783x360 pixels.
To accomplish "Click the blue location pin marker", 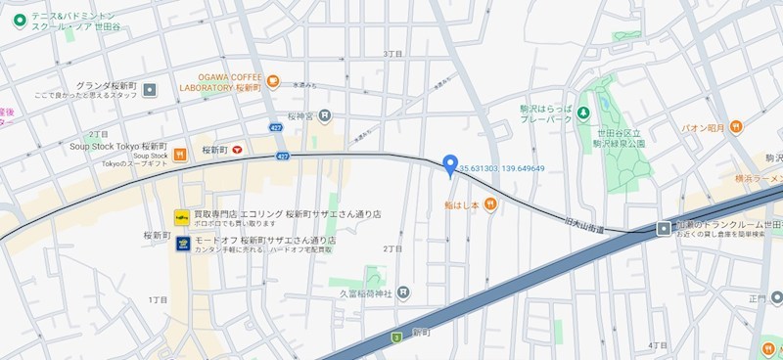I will pyautogui.click(x=450, y=165).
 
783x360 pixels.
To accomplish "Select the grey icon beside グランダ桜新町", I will pyautogui.click(x=150, y=90).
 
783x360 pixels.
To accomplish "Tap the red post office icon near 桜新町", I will pyautogui.click(x=237, y=151).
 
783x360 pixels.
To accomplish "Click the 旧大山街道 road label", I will pyautogui.click(x=585, y=227).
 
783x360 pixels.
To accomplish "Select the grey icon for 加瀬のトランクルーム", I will pyautogui.click(x=664, y=229).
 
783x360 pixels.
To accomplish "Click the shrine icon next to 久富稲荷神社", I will pyautogui.click(x=404, y=292).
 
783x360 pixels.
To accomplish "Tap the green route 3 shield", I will pyautogui.click(x=396, y=337).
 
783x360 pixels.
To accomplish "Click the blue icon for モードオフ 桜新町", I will pyautogui.click(x=182, y=244).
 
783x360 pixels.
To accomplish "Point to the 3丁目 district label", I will pyautogui.click(x=393, y=53).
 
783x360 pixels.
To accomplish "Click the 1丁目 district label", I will pyautogui.click(x=159, y=298).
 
